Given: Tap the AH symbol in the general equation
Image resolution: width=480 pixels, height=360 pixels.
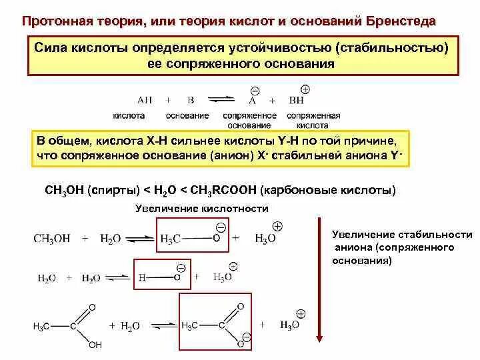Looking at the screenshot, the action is pyautogui.click(x=144, y=100).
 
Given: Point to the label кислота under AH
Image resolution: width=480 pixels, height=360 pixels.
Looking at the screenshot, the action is pyautogui.click(x=129, y=116).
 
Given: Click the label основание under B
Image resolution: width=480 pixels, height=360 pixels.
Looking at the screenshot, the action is pyautogui.click(x=189, y=116).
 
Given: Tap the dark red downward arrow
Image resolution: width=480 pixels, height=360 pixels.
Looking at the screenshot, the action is pyautogui.click(x=319, y=280).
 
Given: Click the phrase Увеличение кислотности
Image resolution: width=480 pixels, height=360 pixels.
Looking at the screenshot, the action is pyautogui.click(x=202, y=209).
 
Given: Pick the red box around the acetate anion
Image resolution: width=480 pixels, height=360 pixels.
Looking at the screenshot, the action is pyautogui.click(x=216, y=326).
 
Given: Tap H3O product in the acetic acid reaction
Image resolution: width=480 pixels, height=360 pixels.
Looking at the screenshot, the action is pyautogui.click(x=289, y=325).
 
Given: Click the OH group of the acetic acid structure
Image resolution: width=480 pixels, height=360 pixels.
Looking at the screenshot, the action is pyautogui.click(x=95, y=345).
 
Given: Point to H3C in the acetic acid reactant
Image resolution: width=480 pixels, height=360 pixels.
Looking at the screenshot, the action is pyautogui.click(x=41, y=326).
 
